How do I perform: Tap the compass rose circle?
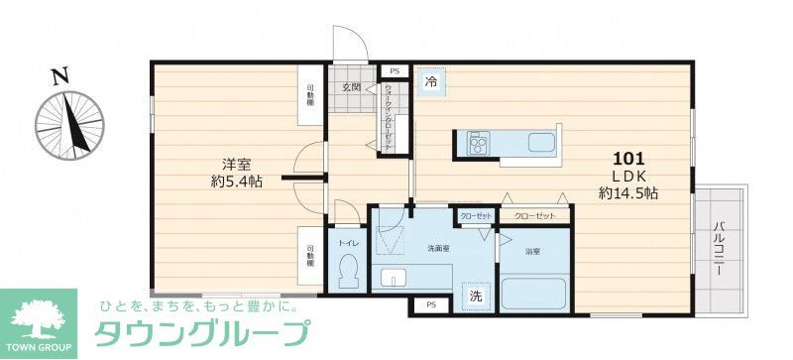tap(70, 127)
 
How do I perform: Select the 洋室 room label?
tap(235, 164)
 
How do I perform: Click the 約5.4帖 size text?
tap(235, 182)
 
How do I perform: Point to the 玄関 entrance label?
tap(352, 88)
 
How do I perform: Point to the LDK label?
tap(629, 176)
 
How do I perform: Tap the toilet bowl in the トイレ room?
tap(348, 270)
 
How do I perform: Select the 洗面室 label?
tap(440, 247)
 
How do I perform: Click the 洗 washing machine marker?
tap(476, 296)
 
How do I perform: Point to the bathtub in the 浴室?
tap(534, 294)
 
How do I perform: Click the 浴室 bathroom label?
tap(533, 252)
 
